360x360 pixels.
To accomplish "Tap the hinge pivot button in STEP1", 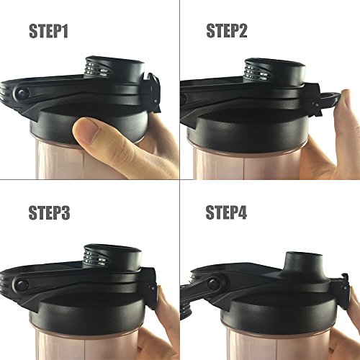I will (x=22, y=94).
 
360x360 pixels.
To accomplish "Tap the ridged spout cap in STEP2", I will (x=264, y=71).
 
